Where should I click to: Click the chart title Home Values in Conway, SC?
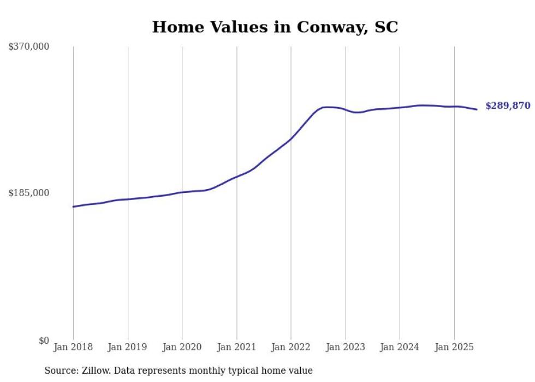(x=275, y=27)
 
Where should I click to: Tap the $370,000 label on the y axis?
(x=29, y=47)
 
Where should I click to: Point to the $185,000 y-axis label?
(x=29, y=193)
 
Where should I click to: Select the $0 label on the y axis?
(x=44, y=340)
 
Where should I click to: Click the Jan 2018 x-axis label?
(x=73, y=347)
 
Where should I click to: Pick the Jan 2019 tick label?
(x=128, y=347)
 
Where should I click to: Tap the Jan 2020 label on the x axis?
(x=182, y=347)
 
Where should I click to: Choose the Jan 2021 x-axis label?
(x=236, y=347)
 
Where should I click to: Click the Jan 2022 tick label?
(x=291, y=347)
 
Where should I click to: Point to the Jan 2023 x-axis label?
(x=345, y=347)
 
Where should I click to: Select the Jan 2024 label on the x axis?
(x=400, y=347)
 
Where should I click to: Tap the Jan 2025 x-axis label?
(x=454, y=347)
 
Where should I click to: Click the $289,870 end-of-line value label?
(x=508, y=106)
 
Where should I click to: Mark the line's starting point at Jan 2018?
(x=73, y=207)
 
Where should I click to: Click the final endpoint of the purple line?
(x=477, y=109)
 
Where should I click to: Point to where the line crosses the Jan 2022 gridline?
(x=291, y=138)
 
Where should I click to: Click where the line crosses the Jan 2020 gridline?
(x=182, y=192)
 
